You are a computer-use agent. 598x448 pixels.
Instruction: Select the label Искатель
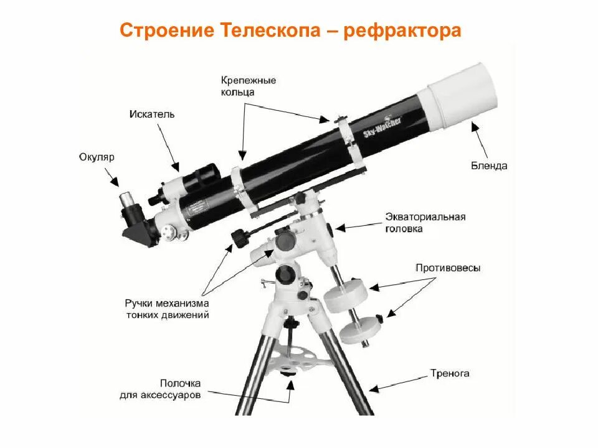coord(152,114)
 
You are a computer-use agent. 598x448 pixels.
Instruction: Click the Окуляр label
coord(97,157)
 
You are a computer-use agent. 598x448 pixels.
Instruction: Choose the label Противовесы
coord(448,268)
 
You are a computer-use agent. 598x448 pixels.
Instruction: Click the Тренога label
coord(449,374)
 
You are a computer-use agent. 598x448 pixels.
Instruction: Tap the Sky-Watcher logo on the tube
coord(382,126)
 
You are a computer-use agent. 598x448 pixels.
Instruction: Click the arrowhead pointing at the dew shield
coord(475,126)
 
